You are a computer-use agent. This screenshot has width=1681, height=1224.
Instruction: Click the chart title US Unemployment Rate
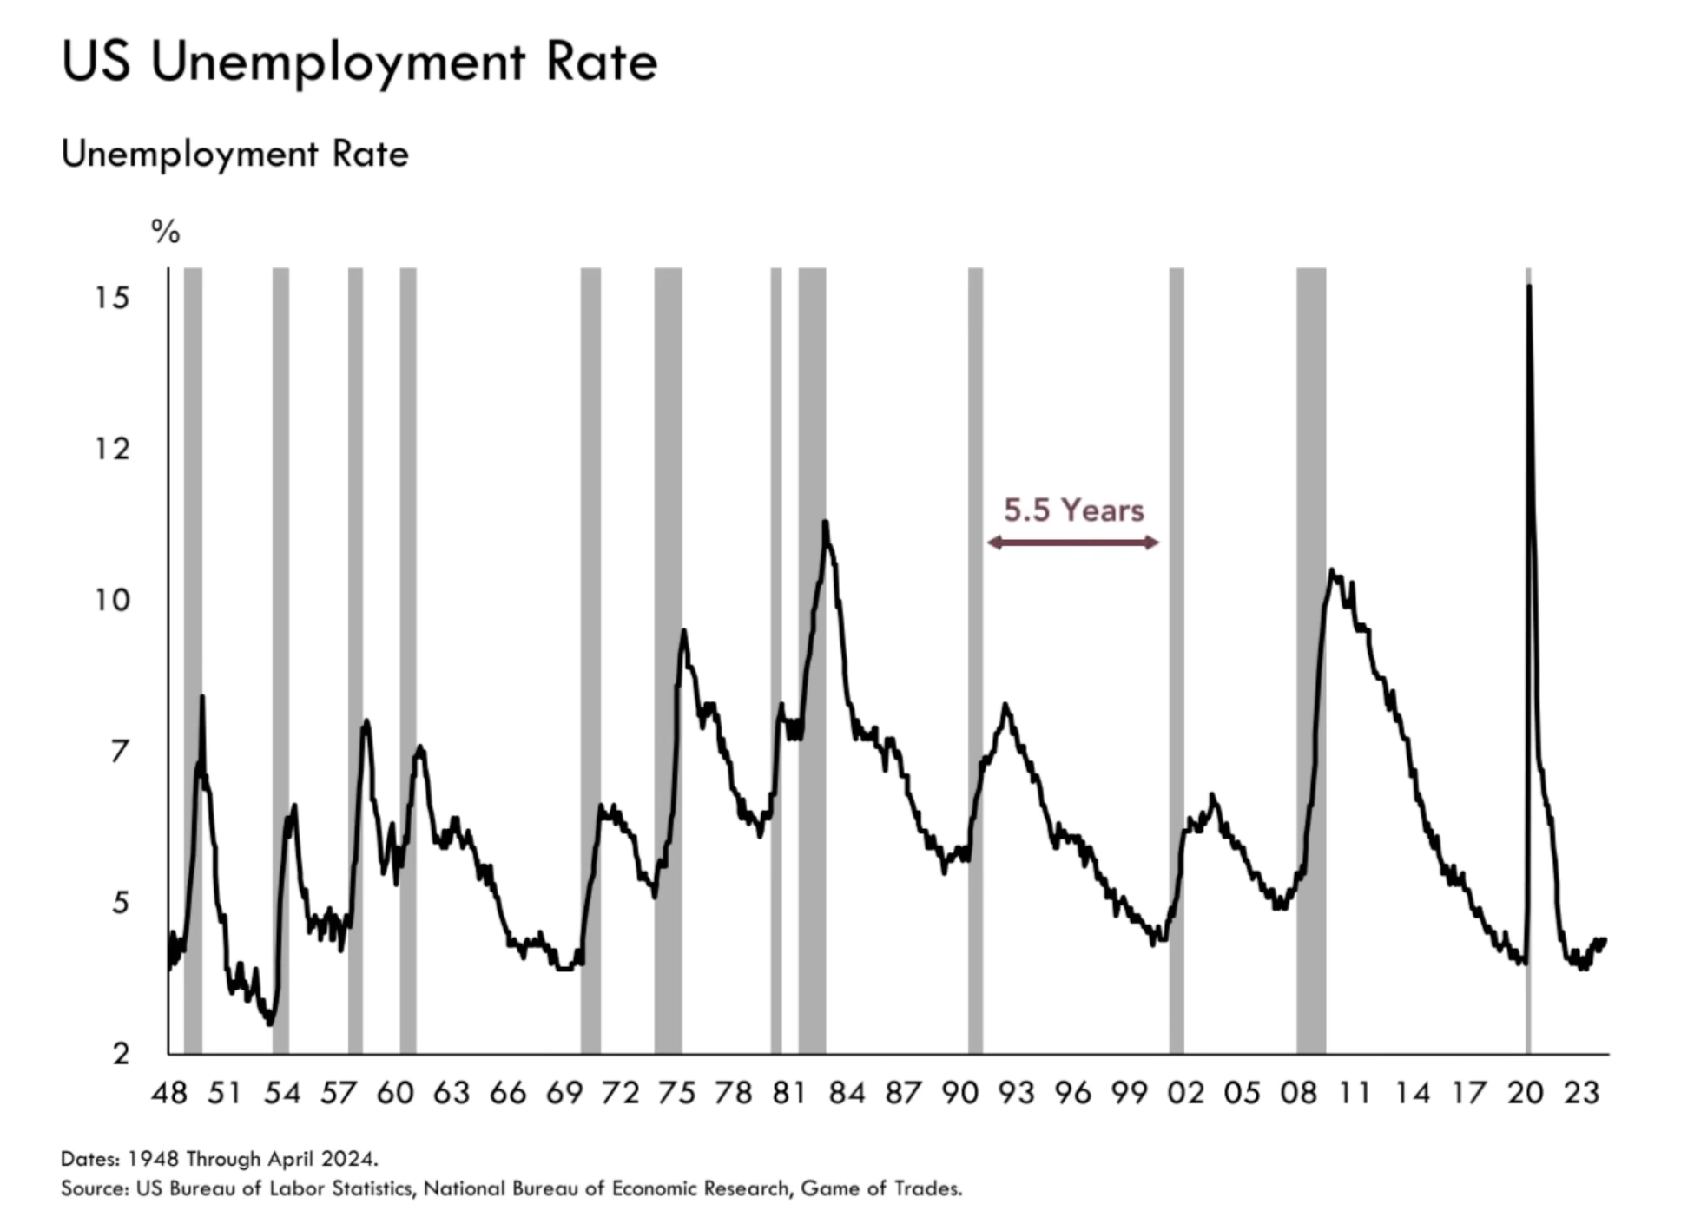[x=359, y=62]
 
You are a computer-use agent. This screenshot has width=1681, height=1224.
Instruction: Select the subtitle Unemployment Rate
[x=234, y=155]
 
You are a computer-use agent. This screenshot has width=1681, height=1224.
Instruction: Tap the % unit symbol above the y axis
[x=165, y=232]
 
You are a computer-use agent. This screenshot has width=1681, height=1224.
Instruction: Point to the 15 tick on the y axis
[x=112, y=299]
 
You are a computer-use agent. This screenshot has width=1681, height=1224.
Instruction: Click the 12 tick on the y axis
[x=112, y=449]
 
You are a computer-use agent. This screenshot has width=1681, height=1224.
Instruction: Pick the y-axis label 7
[x=120, y=751]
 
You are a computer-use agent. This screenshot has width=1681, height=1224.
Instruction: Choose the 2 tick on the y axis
[x=121, y=1053]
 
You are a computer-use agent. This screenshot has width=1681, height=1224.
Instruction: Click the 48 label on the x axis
[x=168, y=1093]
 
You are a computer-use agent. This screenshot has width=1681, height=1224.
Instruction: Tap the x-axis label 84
[x=847, y=1093]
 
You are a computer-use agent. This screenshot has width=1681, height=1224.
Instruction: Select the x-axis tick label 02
[x=1185, y=1093]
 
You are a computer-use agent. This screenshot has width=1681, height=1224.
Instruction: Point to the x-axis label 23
[x=1581, y=1093]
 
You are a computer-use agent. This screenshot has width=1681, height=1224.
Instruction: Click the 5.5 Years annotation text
[x=1073, y=510]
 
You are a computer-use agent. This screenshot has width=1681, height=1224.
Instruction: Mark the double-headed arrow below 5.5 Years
[x=1073, y=543]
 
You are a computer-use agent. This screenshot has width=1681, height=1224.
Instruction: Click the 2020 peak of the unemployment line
[x=1528, y=286]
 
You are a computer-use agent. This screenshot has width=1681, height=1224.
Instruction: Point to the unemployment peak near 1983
[x=825, y=523]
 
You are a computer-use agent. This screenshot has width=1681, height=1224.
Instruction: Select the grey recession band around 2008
[x=1311, y=660]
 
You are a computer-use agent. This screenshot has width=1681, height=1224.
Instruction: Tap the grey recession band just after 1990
[x=975, y=660]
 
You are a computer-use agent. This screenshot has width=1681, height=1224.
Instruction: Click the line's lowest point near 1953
[x=271, y=1023]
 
